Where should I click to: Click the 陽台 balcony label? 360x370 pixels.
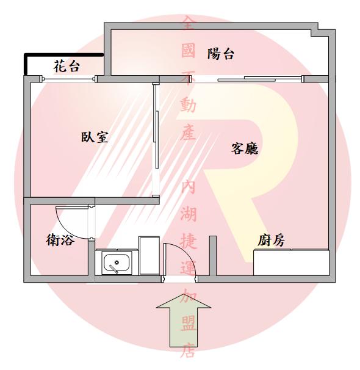[x=220, y=54]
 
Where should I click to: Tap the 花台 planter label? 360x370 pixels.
[x=67, y=67]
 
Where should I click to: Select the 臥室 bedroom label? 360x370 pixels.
[x=95, y=137]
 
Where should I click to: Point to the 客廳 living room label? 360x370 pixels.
[x=245, y=148]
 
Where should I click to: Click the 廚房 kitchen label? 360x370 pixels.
[x=271, y=241]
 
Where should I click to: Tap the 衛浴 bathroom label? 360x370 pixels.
[x=60, y=240]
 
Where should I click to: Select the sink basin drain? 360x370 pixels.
[x=117, y=263]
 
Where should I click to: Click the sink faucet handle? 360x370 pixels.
[x=113, y=269]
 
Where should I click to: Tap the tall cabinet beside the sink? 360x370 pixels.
[x=149, y=255]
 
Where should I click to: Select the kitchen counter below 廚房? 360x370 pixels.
[x=291, y=263]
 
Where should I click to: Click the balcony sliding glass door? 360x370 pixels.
[x=247, y=79]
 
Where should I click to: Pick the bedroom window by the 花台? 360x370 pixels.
[x=68, y=79]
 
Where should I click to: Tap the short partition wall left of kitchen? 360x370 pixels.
[x=213, y=256]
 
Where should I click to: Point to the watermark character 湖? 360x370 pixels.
[x=189, y=214]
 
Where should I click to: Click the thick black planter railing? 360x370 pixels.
[x=63, y=55]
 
